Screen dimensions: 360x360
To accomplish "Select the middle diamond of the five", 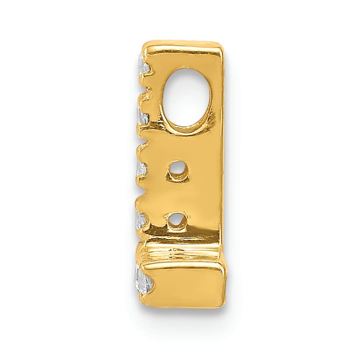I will coord(141,169).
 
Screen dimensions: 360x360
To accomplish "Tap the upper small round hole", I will coord(177,171).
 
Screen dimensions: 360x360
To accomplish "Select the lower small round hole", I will coord(176,221).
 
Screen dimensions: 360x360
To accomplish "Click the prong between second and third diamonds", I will coord(145,142).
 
